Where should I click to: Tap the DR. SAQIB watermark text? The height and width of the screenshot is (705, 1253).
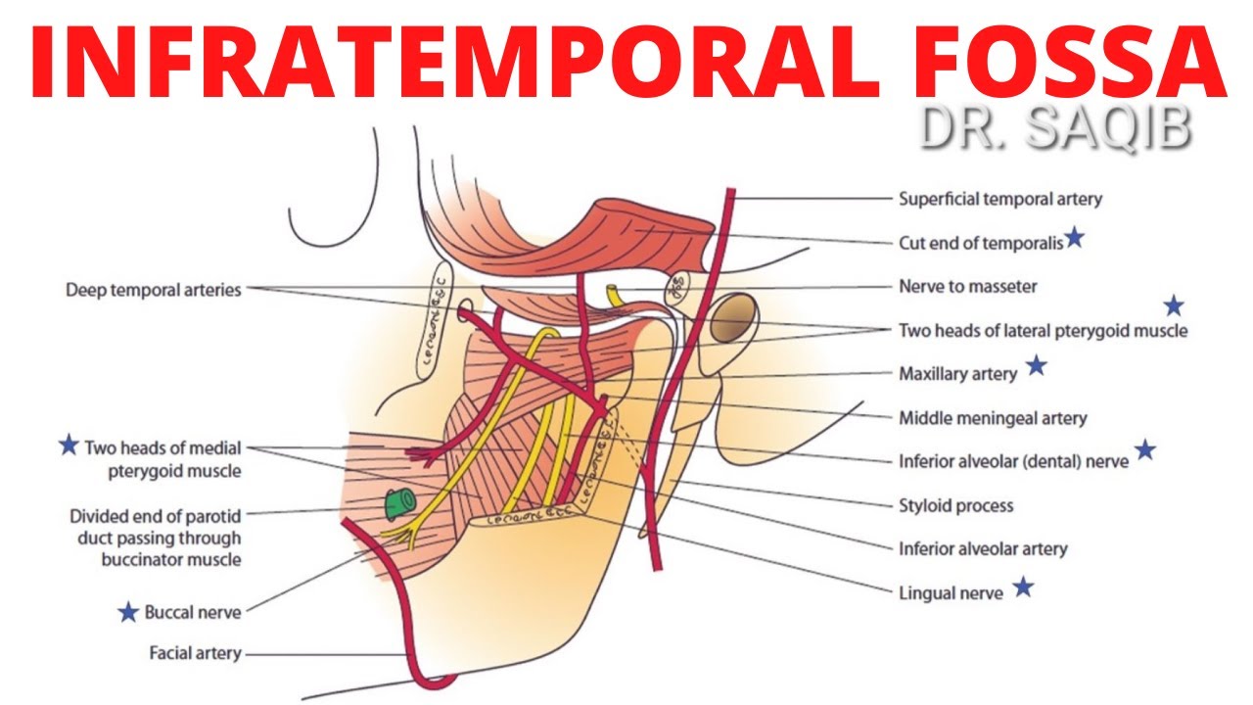(x=1054, y=131)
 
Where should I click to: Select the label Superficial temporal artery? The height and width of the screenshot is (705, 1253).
(x=999, y=199)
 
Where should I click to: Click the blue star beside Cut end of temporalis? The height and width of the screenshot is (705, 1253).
(x=1074, y=237)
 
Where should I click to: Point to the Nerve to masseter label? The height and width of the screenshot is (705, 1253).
(x=967, y=287)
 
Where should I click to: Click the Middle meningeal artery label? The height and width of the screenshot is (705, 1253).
(x=993, y=418)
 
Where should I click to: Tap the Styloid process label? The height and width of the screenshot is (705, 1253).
(x=955, y=506)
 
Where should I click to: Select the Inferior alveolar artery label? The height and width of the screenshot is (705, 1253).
(x=983, y=549)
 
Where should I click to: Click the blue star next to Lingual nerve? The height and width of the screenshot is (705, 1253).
(x=1023, y=587)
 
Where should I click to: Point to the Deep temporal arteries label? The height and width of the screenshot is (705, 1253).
(x=154, y=291)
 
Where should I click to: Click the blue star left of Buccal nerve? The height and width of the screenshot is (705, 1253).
(x=127, y=613)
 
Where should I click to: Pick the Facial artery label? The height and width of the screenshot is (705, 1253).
(x=195, y=652)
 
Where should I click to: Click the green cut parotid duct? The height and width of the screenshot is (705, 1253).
(x=396, y=503)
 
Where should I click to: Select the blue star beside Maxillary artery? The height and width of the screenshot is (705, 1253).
(x=1036, y=367)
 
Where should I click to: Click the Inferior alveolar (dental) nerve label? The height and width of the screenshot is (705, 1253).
(x=1013, y=460)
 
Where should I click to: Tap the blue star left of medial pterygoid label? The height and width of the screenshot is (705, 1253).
(x=68, y=446)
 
